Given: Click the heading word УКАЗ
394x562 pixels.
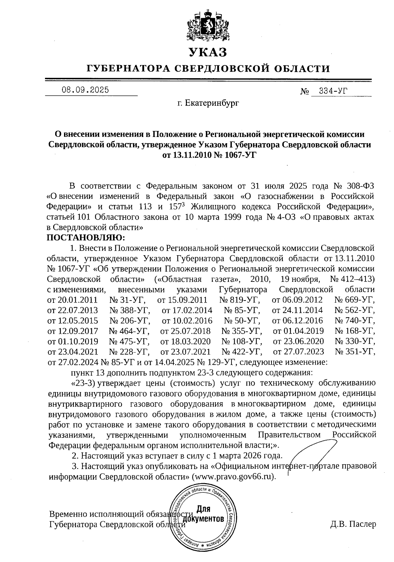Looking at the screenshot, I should pyautogui.click(x=208, y=52).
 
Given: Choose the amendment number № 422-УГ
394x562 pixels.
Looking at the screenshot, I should pyautogui.click(x=242, y=352).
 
